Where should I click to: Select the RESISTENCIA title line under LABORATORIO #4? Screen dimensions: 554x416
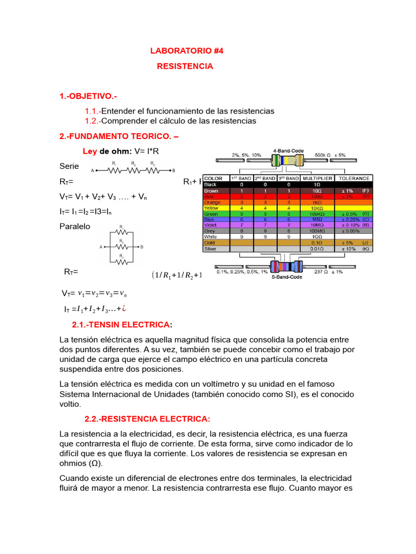[x=185, y=66]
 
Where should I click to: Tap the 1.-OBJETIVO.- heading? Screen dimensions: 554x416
[x=88, y=96]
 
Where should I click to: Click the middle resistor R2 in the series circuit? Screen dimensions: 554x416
[x=133, y=170]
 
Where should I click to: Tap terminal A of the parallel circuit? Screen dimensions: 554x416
[x=101, y=247]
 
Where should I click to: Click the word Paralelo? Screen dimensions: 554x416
[x=75, y=226]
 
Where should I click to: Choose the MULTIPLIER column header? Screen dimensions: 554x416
[x=317, y=178]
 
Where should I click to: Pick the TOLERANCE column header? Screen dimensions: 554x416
[x=354, y=178]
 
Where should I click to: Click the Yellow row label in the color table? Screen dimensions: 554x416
[x=211, y=208]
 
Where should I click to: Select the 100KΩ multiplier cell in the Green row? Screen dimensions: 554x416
[x=317, y=214]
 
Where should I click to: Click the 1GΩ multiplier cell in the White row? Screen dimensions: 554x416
[x=317, y=237]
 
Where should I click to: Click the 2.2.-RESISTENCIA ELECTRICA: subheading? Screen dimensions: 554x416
[x=147, y=419]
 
